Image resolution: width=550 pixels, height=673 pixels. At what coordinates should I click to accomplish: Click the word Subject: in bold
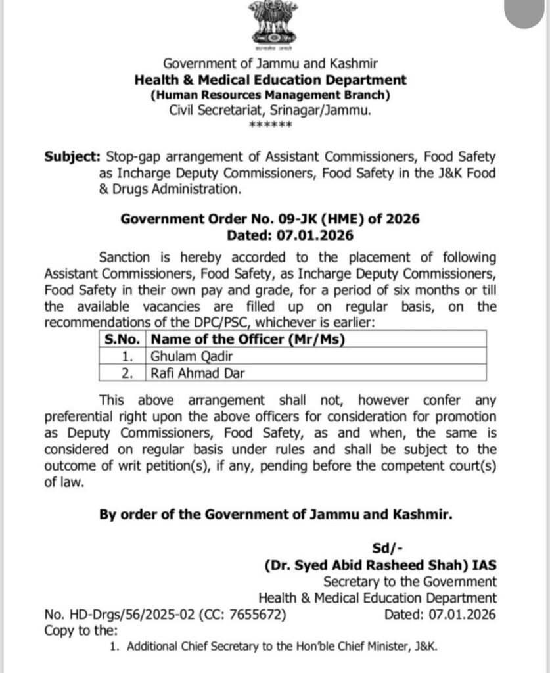point(71,158)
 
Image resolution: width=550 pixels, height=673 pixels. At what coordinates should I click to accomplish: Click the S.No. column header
point(124,340)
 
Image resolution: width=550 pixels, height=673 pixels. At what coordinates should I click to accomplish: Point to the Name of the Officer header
point(248,340)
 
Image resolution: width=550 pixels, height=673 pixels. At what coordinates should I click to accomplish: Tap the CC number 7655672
point(257,615)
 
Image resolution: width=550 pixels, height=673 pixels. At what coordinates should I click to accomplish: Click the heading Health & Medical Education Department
point(270,80)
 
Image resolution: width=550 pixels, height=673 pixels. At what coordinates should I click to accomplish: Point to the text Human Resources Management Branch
point(270,96)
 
